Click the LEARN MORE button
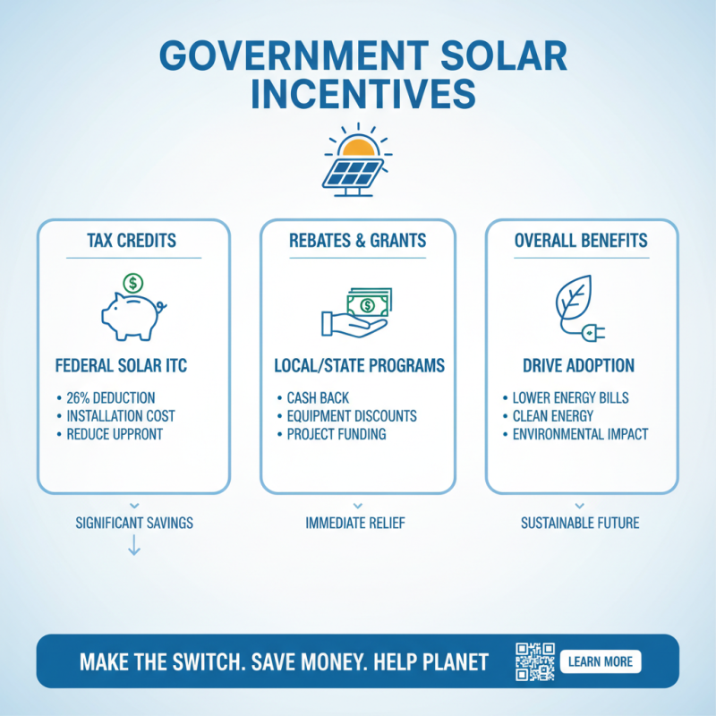(x=600, y=662)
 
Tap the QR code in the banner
(x=535, y=661)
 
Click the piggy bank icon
(x=133, y=309)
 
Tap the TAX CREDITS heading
(x=133, y=241)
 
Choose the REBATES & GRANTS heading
(x=358, y=241)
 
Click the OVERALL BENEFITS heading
(x=582, y=241)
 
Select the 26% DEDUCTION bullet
(x=110, y=397)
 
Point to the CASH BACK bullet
(x=320, y=397)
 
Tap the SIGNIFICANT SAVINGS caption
(x=134, y=523)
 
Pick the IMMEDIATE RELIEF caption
(x=355, y=523)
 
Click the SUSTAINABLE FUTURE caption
(x=580, y=523)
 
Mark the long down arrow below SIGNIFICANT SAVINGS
(x=134, y=545)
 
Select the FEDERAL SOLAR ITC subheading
(x=133, y=365)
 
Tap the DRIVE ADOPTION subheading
(x=581, y=365)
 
